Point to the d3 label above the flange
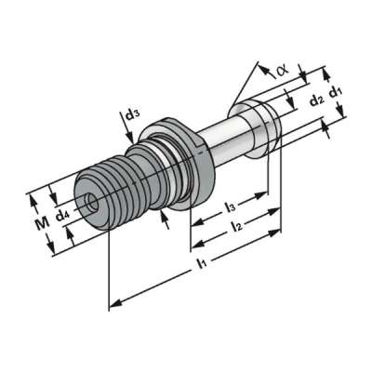pos(132,115)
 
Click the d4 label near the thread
pos(62,217)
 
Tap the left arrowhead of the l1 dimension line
pos(114,303)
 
